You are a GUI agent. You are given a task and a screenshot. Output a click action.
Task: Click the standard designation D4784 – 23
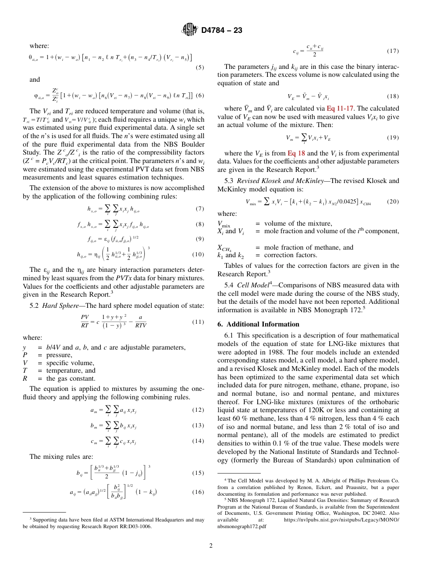tap(222, 31)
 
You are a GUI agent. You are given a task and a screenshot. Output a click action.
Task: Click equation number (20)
tap(393, 201)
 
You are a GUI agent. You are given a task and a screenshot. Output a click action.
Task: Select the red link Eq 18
tap(295, 153)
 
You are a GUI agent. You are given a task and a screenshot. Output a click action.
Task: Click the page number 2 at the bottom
tap(211, 546)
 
